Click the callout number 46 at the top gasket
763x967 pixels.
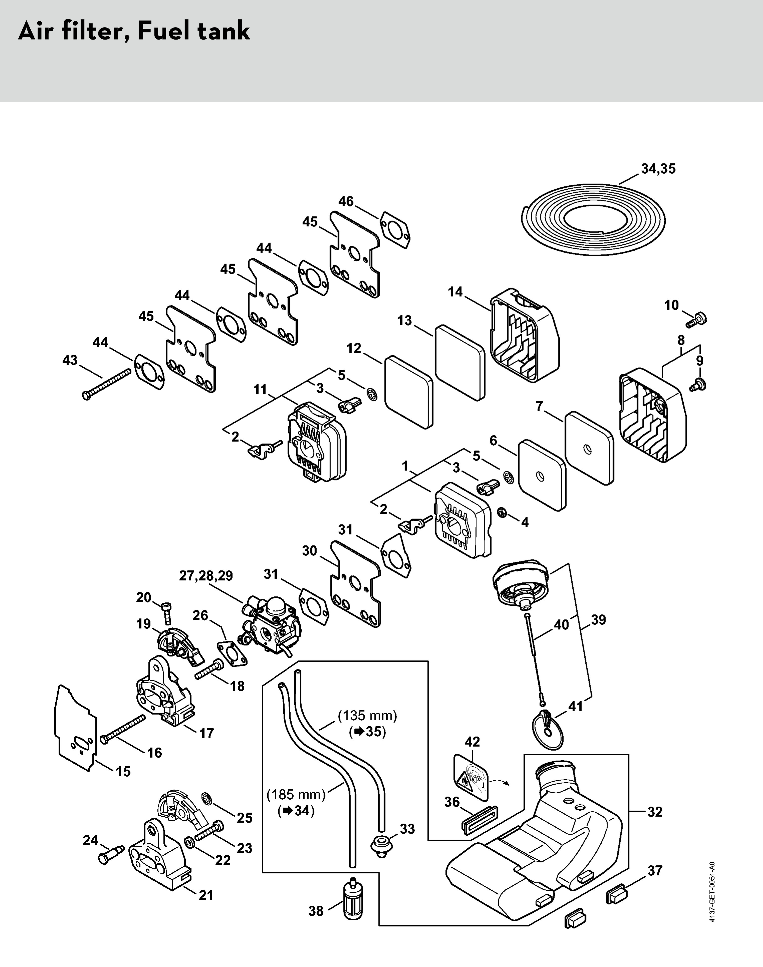tap(346, 201)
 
